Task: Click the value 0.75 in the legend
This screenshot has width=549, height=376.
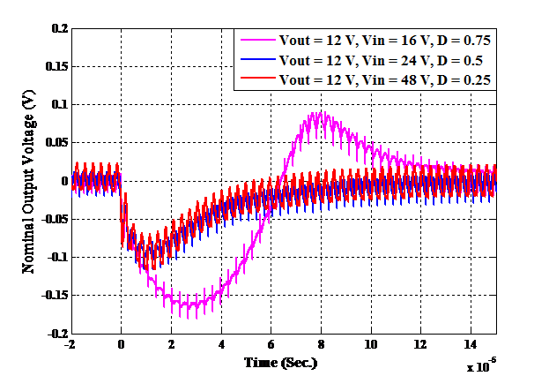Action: tap(475, 41)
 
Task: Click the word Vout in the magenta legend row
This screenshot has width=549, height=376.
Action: tap(293, 41)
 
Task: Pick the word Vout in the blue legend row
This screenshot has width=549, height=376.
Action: tap(293, 60)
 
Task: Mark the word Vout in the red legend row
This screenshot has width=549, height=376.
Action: tap(293, 79)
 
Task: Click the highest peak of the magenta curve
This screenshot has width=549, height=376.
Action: tap(322, 112)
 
